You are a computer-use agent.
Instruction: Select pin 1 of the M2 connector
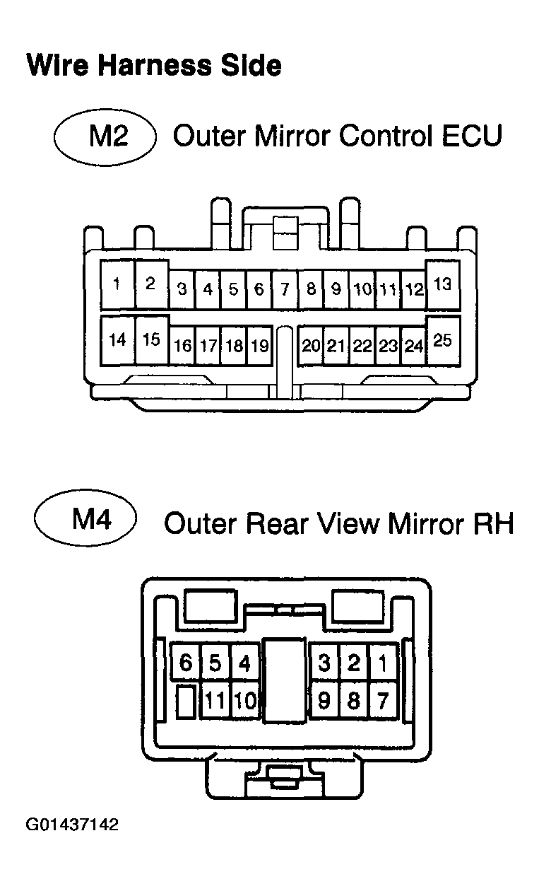[117, 284]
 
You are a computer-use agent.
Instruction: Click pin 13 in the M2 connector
[443, 284]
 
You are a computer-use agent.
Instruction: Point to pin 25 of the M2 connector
[443, 340]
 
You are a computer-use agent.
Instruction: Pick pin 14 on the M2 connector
[117, 340]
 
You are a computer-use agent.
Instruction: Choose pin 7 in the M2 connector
[285, 289]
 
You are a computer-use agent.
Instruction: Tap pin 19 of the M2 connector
[259, 346]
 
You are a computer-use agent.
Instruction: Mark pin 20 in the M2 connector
[311, 346]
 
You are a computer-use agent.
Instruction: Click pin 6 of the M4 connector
[186, 663]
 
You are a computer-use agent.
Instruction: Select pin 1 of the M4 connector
[382, 663]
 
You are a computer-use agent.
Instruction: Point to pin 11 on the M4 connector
[215, 701]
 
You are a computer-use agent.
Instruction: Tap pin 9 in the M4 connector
[324, 701]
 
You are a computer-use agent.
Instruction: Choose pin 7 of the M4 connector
[382, 701]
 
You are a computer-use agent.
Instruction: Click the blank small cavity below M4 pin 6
[186, 702]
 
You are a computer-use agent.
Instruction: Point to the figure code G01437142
[72, 825]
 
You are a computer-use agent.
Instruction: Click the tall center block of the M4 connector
[285, 680]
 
